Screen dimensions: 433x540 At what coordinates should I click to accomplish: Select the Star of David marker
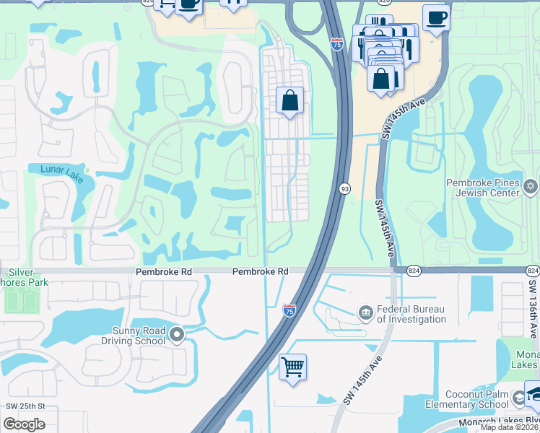point(531,188)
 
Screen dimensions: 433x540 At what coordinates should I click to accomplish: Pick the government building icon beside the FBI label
point(366,312)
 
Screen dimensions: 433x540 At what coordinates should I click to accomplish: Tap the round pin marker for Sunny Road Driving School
point(178,334)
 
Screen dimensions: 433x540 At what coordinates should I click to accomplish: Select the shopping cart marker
point(292,367)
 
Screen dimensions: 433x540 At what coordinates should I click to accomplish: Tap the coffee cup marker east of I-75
point(435,17)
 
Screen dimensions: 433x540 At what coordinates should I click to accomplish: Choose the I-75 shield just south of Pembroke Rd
point(289,310)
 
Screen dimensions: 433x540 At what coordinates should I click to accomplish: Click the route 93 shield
point(345,188)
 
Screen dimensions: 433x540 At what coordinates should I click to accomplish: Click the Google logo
point(24,424)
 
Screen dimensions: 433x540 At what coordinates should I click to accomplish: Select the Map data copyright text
point(509,427)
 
